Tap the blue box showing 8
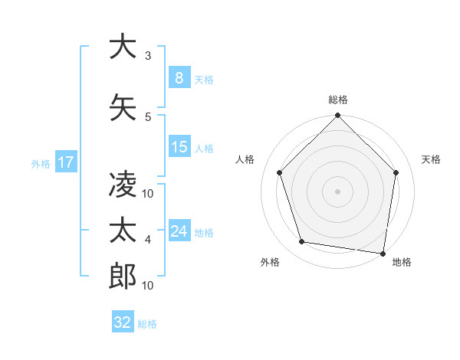click(x=179, y=78)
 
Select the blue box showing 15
click(x=179, y=147)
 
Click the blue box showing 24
click(x=179, y=231)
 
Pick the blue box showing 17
click(x=65, y=162)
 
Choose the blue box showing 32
click(x=123, y=322)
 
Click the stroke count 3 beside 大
click(x=148, y=56)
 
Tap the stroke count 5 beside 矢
click(x=148, y=116)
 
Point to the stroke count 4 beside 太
click(x=148, y=240)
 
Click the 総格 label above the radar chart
click(x=338, y=100)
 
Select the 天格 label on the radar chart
click(x=431, y=159)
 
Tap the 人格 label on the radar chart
click(x=245, y=159)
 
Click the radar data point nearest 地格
click(x=383, y=253)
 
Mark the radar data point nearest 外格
click(x=302, y=242)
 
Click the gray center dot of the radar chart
click(x=337, y=191)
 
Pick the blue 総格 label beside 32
click(x=147, y=324)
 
